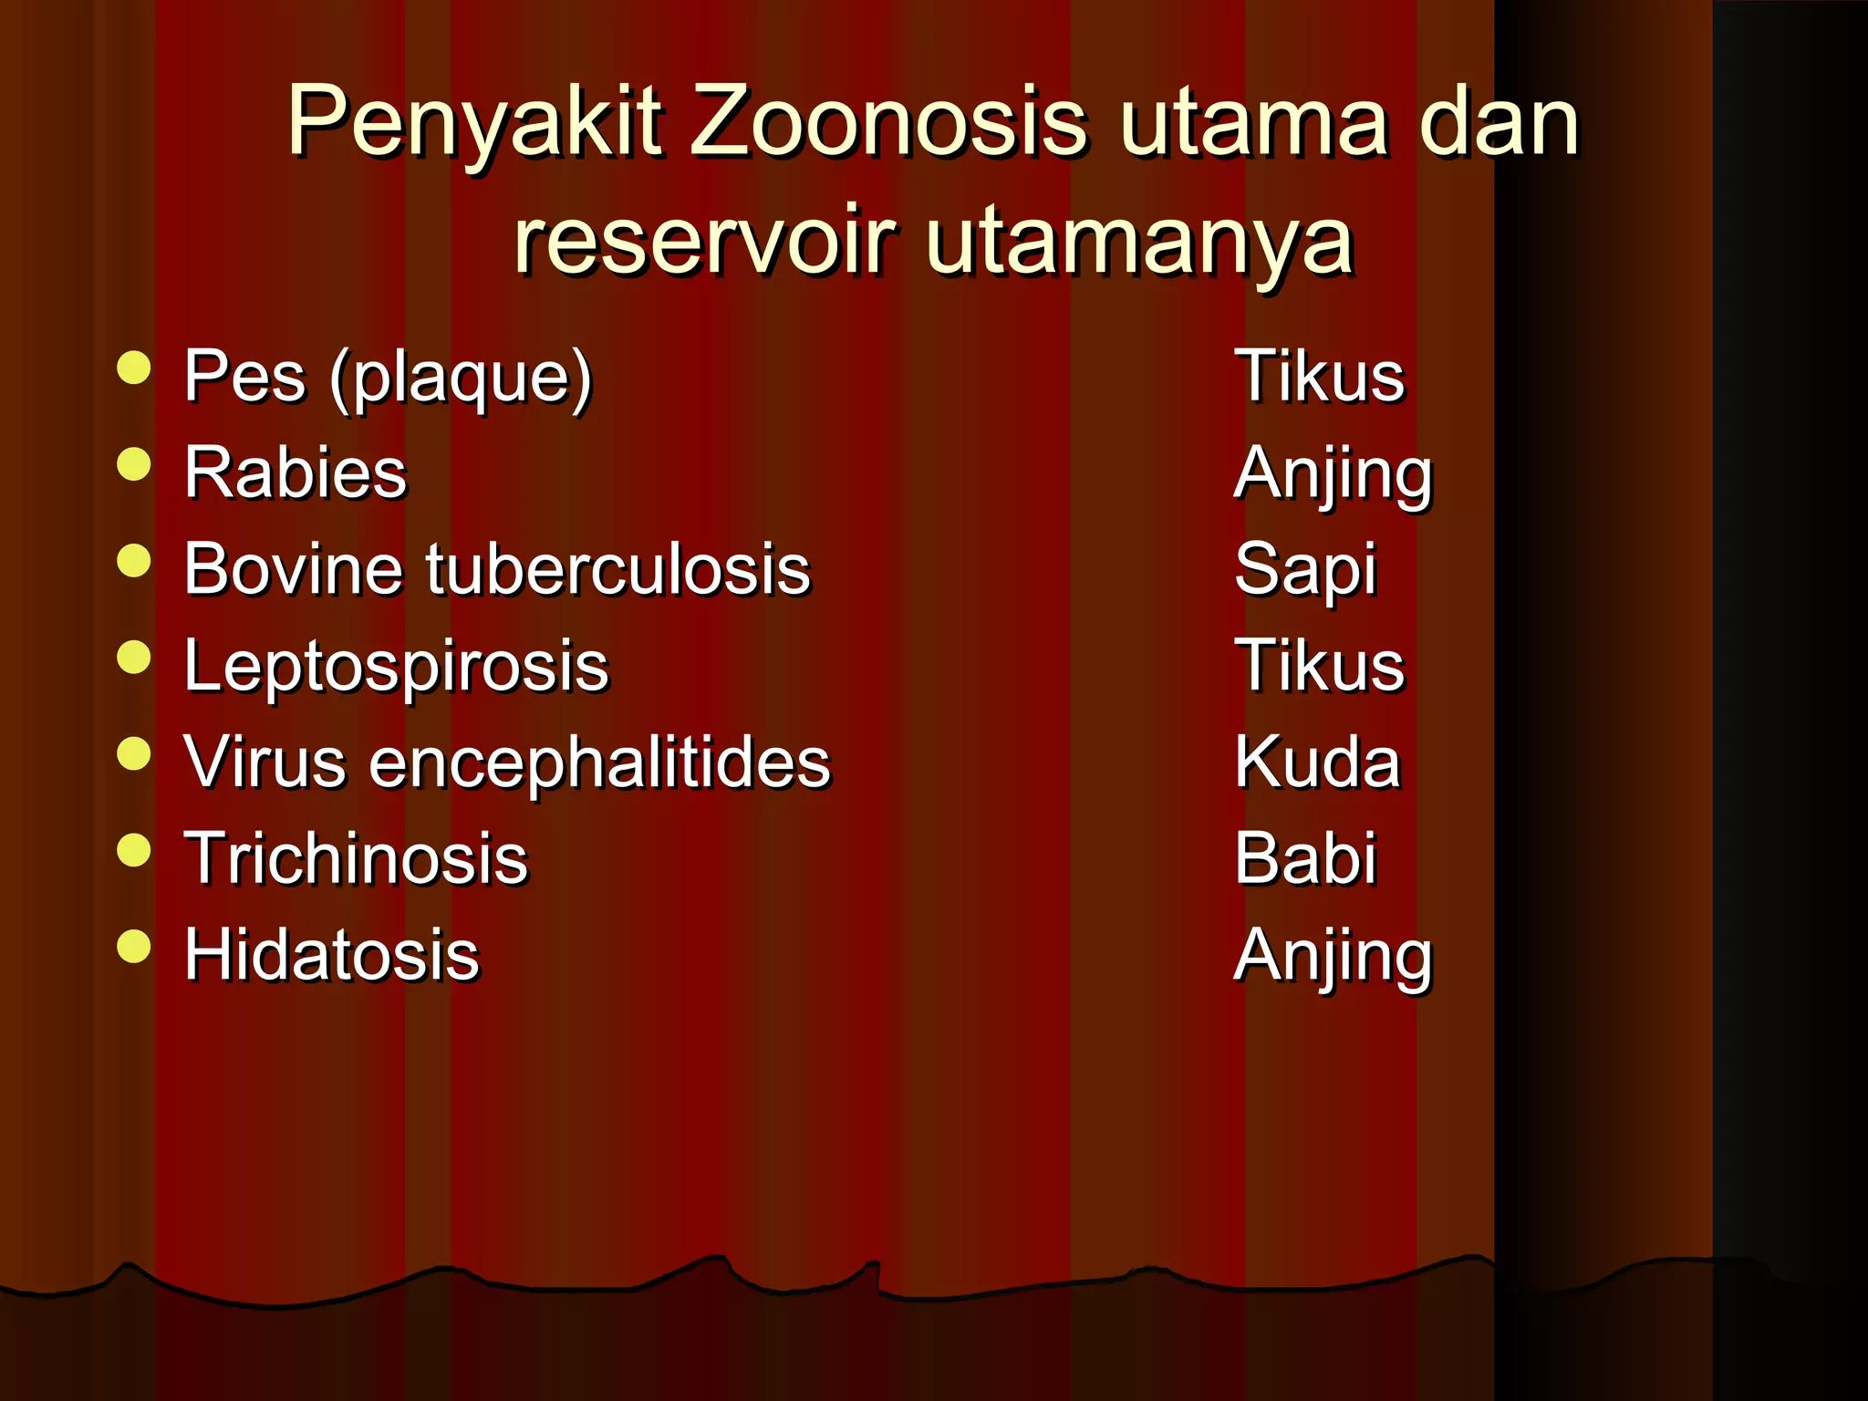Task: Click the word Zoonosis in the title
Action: point(888,121)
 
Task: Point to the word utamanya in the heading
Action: point(1139,243)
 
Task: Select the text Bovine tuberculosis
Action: point(497,569)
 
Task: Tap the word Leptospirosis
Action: point(396,667)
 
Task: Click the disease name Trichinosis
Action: point(356,859)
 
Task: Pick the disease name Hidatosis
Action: point(331,956)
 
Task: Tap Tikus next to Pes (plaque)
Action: point(1319,376)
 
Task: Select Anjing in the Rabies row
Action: point(1333,474)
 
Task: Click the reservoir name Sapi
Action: point(1305,570)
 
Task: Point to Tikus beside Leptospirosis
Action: point(1319,666)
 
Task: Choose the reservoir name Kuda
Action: point(1316,763)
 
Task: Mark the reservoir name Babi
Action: point(1305,859)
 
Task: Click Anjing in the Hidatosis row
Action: point(1333,957)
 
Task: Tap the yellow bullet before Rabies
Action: point(134,464)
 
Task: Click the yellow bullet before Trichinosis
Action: point(134,850)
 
